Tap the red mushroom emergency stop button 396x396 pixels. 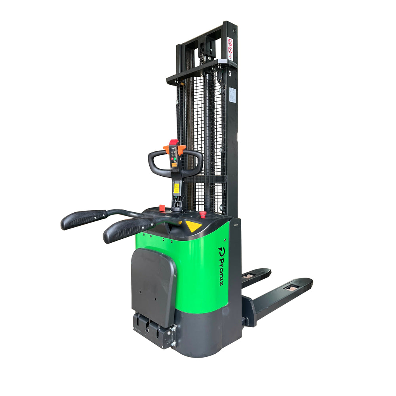click(203, 215)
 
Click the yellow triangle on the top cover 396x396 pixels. click(194, 226)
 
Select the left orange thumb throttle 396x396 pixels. click(166, 149)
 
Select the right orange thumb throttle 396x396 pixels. click(182, 149)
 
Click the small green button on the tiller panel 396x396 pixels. click(172, 159)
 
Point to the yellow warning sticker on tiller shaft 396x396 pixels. click(176, 189)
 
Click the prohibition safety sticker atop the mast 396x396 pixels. click(230, 47)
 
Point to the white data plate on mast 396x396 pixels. click(232, 95)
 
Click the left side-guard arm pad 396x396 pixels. click(83, 219)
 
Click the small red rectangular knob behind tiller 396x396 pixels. click(162, 208)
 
